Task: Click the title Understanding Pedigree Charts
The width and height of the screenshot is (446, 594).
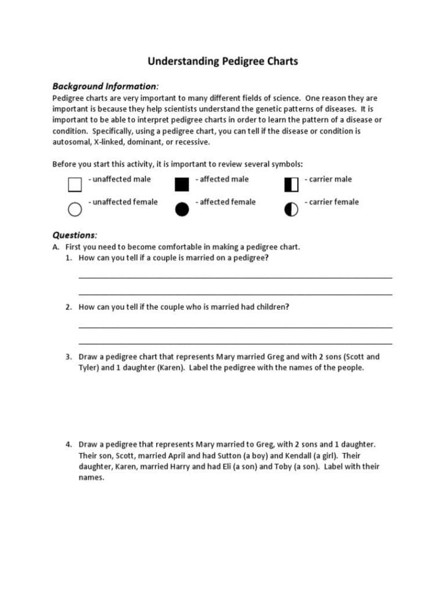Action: point(222,61)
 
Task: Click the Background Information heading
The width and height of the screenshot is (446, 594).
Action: point(105,86)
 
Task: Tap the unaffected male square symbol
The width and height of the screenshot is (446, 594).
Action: point(75,184)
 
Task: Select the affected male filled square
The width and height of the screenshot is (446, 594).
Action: point(182,184)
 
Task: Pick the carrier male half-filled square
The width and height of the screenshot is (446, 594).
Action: point(291,184)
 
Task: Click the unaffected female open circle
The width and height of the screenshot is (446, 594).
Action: point(75,209)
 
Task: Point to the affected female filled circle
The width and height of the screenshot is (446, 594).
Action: point(182,209)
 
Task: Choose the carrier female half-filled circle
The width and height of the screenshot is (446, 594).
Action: point(291,209)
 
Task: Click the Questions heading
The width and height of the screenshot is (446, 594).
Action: point(74,235)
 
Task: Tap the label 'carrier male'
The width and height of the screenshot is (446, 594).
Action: point(330,179)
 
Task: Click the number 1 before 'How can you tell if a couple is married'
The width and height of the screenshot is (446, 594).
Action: point(69,258)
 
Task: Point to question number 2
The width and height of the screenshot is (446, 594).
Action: point(69,307)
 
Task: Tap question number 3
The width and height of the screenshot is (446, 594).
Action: point(69,356)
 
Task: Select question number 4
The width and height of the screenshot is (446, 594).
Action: point(69,444)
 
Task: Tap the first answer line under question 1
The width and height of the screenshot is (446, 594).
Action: point(235,277)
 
